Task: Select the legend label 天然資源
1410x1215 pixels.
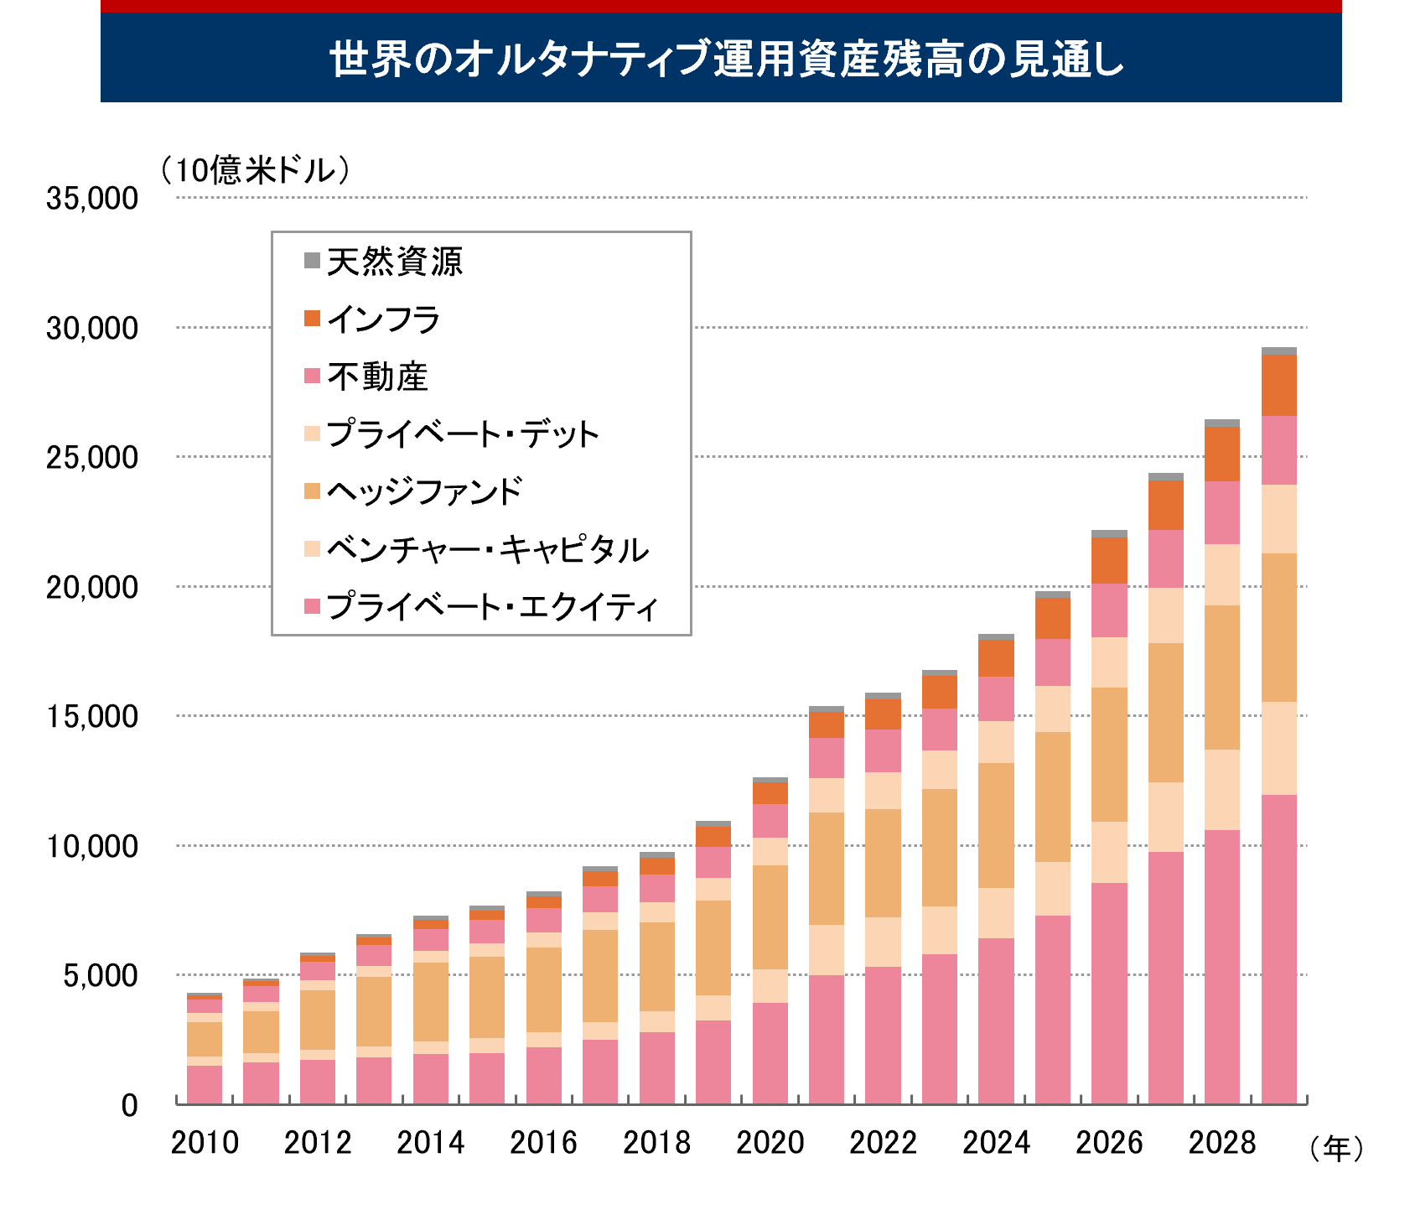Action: [x=394, y=262]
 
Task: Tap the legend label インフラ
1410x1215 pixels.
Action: [x=383, y=319]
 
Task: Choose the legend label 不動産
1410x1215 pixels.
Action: [x=377, y=376]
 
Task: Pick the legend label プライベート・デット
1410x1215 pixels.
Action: [x=462, y=434]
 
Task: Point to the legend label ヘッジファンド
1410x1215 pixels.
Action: [x=424, y=491]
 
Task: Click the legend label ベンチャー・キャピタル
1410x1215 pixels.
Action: [x=487, y=549]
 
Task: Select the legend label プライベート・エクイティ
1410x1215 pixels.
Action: [x=492, y=606]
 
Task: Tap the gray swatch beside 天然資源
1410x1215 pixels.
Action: [x=312, y=261]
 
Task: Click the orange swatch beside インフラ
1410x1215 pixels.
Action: [x=312, y=319]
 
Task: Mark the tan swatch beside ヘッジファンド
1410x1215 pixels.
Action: [x=312, y=491]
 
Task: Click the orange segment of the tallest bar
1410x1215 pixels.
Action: [x=1278, y=386]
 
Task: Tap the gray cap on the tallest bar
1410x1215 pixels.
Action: [x=1278, y=351]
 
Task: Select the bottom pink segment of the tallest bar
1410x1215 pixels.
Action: [x=1278, y=948]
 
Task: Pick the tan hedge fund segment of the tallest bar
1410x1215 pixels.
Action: [x=1278, y=627]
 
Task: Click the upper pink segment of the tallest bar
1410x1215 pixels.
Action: [x=1278, y=450]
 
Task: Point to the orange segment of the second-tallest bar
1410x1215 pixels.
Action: [x=1221, y=454]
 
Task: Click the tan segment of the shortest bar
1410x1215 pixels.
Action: [x=204, y=1039]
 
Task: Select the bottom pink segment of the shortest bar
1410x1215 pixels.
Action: [x=204, y=1084]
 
